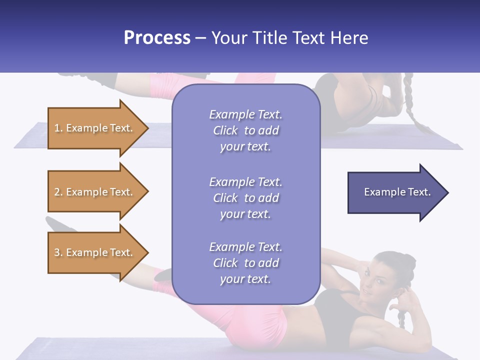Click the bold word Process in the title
(x=157, y=38)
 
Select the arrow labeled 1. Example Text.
(x=94, y=128)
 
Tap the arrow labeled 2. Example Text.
(x=94, y=192)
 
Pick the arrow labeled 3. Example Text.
(x=94, y=252)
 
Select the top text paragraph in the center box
(x=245, y=130)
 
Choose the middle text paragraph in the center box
(x=245, y=198)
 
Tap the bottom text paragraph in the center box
(x=245, y=263)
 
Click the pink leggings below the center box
(x=255, y=325)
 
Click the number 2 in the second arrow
(x=57, y=192)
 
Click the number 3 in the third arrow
(x=57, y=252)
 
